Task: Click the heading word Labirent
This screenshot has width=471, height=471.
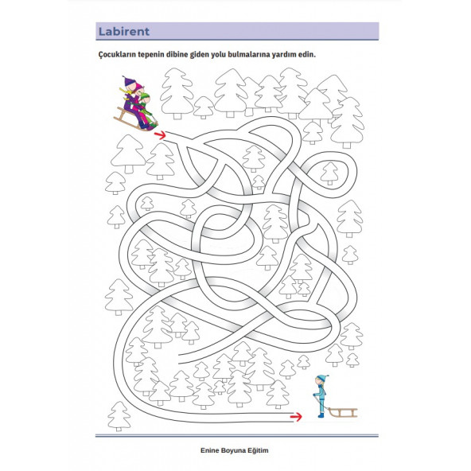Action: [124, 32]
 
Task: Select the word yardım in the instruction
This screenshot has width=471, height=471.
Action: [283, 55]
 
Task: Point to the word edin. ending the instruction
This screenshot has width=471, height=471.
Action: [307, 55]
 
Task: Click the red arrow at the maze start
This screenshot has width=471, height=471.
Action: [160, 135]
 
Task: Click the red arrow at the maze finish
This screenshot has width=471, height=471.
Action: [296, 417]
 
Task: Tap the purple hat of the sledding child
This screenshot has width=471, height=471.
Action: [129, 81]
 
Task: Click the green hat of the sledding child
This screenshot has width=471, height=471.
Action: [145, 97]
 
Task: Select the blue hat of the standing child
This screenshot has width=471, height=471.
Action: [322, 378]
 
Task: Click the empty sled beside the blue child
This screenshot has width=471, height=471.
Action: [342, 412]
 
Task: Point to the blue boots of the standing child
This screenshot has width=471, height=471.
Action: [321, 415]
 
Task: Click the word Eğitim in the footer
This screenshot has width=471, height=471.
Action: [258, 450]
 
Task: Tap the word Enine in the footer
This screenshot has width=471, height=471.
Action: [210, 450]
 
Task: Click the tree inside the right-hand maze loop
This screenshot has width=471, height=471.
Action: [329, 173]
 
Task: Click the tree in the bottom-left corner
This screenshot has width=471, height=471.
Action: [119, 416]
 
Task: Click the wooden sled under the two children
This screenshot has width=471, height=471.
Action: [132, 120]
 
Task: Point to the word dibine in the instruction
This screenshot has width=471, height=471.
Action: [177, 55]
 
